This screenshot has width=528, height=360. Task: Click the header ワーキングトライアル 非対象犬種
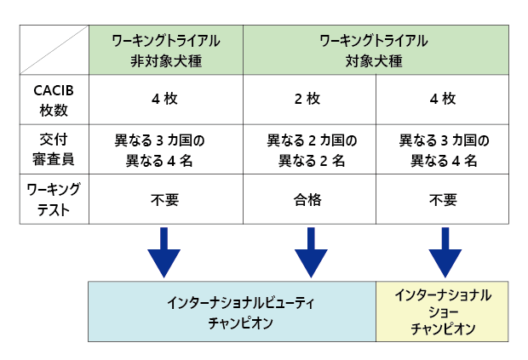[x=166, y=51]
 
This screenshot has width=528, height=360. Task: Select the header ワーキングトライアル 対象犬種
[x=374, y=51]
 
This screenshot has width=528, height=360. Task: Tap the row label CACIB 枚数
[x=54, y=100]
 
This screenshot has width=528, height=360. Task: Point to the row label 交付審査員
[x=54, y=150]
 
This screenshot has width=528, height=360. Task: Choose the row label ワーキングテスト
[x=54, y=199]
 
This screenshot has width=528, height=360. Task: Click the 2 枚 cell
[x=307, y=99]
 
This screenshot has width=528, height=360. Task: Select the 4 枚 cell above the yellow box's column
[x=443, y=99]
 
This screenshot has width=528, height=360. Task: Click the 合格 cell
[x=307, y=200]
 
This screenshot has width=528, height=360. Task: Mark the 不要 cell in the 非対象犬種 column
[x=164, y=200]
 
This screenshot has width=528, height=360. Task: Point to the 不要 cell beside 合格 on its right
[x=443, y=200]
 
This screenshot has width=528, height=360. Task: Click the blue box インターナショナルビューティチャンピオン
[x=232, y=311]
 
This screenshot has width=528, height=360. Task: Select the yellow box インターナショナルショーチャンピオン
[x=442, y=311]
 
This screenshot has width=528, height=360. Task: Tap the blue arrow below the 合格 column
[x=311, y=252]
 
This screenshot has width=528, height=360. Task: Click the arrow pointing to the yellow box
[x=445, y=252]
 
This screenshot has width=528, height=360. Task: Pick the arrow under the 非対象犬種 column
[x=164, y=252]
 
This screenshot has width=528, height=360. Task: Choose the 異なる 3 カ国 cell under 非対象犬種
[x=159, y=151]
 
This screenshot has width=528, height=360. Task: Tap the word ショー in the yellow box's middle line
[x=443, y=312]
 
